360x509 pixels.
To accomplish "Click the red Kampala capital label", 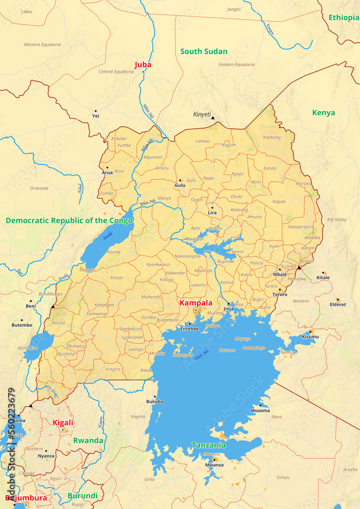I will coord(196,303).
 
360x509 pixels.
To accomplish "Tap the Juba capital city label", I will coord(143,65).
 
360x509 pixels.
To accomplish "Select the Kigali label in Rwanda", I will coord(63,422).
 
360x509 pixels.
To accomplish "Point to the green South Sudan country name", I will coord(204,51).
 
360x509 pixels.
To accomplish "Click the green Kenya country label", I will coord(324,112).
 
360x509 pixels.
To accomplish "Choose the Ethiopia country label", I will coord(344,17).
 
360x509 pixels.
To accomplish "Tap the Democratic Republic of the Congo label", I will coord(69,220).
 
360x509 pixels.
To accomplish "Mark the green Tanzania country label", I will coord(209,445).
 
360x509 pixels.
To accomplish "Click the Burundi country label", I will coord(82,496).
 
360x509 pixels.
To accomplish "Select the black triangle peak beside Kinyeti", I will coord(213,118).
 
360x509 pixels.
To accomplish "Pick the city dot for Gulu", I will coord(180,180).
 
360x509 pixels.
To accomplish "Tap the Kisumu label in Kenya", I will coord(310,337).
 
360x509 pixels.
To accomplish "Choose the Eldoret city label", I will coord(338,304).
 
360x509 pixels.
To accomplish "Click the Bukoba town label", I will coord(155,402).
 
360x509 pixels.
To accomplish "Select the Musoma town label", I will coord(260,410).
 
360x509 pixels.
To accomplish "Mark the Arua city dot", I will coord(107,167).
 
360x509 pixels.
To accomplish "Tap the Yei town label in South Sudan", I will coord(95,116).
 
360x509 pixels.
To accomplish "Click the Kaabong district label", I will coord(272,137).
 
